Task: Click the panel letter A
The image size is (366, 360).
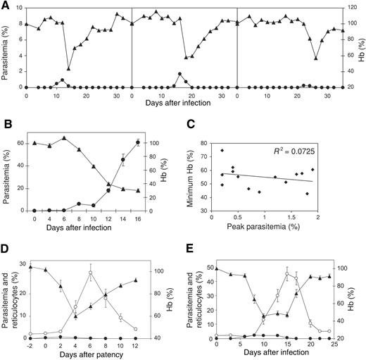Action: (x=6, y=6)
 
